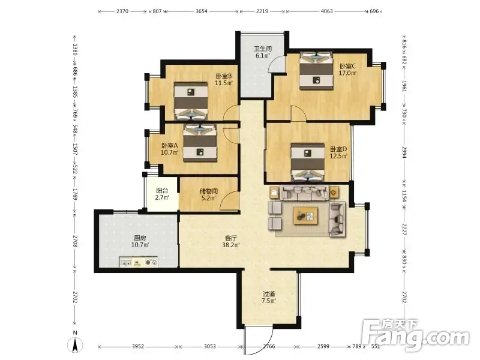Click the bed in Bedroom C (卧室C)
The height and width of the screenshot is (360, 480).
316,71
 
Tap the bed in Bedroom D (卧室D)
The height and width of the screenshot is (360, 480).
308,162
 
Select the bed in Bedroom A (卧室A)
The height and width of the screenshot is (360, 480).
200,143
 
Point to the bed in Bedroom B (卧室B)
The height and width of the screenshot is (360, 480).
191,101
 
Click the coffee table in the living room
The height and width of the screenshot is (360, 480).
306,215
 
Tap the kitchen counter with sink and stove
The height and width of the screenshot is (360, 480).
139,262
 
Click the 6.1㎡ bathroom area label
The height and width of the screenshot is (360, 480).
263,56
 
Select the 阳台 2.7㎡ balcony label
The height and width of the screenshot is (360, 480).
162,194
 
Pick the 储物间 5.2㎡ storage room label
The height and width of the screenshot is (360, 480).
208,194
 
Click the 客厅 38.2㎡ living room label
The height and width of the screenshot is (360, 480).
231,242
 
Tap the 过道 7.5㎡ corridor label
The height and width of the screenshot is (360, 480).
269,297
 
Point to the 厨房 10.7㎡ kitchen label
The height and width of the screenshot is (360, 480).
140,241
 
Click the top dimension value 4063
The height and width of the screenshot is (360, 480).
326,11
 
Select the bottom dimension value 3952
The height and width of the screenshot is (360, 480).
138,347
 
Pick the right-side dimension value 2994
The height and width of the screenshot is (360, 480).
404,152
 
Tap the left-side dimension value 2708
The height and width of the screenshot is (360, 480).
75,241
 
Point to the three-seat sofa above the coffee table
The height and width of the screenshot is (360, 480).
305,193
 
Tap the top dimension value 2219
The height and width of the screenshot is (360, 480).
262,11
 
